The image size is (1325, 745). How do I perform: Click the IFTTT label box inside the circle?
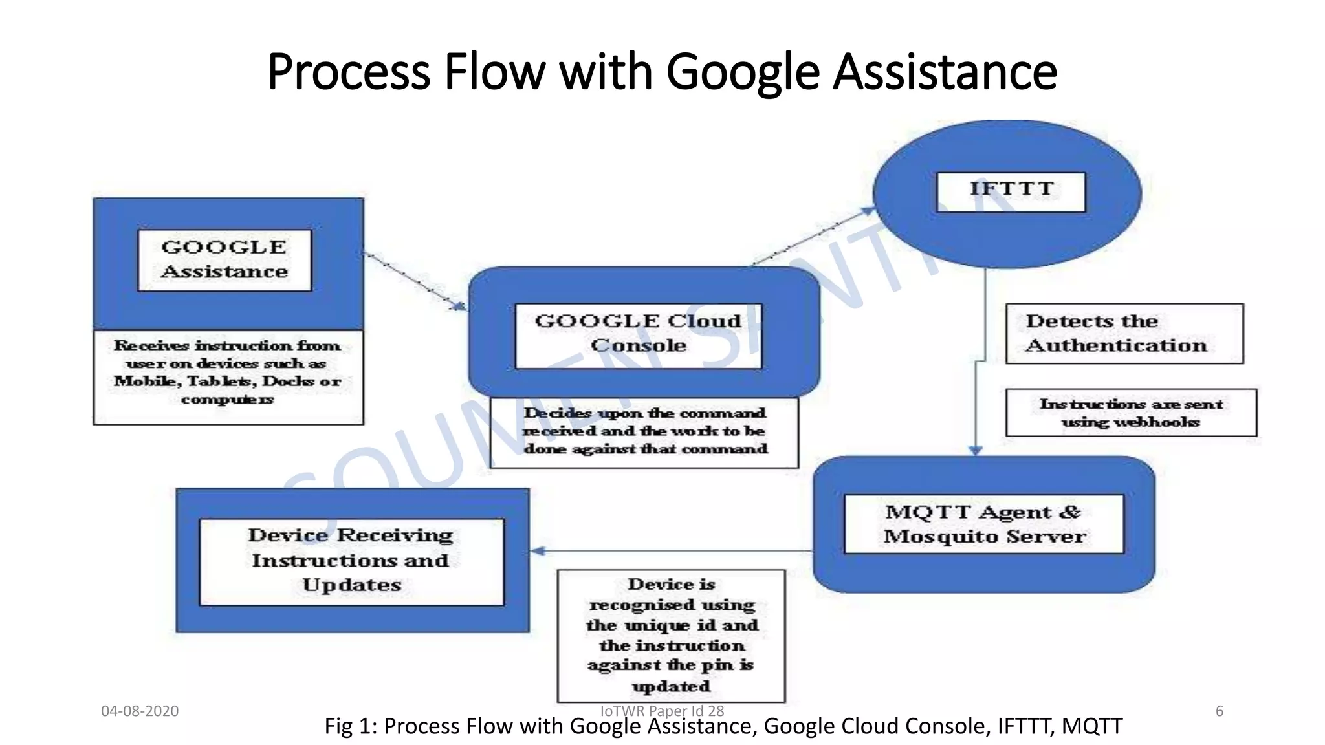[1011, 191]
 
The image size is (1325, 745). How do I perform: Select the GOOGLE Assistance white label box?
[224, 260]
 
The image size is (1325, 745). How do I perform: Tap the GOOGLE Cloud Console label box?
[639, 335]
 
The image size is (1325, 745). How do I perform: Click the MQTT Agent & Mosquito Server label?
[984, 524]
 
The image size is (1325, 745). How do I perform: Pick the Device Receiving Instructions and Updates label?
[351, 561]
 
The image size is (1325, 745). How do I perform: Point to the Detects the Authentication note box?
[1124, 334]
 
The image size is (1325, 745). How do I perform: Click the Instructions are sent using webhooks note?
[1131, 413]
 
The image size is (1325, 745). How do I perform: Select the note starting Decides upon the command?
[644, 431]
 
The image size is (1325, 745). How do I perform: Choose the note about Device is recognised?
[671, 635]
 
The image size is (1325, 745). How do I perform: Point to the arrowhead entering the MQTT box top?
[976, 450]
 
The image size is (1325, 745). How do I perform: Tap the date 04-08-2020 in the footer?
[140, 711]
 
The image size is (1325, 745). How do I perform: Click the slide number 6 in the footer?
[1220, 711]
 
